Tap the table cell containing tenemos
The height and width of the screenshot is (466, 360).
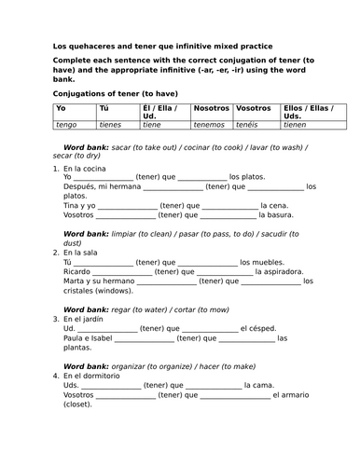(x=211, y=124)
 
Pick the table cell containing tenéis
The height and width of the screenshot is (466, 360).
(x=256, y=124)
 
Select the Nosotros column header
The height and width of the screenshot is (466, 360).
(x=211, y=109)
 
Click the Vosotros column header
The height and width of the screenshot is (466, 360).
(x=256, y=109)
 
